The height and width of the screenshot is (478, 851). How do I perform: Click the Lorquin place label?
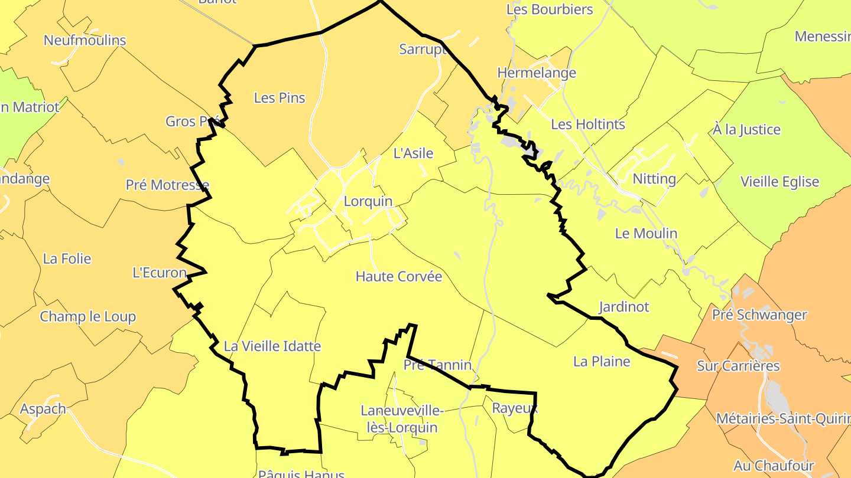[368, 201]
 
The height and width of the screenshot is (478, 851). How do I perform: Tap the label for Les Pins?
[280, 98]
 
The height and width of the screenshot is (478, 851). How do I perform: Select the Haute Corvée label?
[399, 276]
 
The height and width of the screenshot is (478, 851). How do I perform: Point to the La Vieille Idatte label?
[272, 346]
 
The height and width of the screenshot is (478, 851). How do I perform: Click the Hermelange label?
[537, 73]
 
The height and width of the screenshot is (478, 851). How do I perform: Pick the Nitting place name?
[654, 179]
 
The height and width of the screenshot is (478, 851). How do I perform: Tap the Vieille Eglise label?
[780, 182]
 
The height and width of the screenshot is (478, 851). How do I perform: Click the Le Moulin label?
[646, 233]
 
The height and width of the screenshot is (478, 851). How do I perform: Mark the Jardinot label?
[623, 307]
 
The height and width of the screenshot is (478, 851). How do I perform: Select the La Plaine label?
[602, 361]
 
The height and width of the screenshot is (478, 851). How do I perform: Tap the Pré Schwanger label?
[759, 315]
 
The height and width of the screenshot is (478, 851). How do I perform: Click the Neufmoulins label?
[85, 40]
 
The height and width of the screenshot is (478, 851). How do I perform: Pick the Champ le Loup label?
[88, 316]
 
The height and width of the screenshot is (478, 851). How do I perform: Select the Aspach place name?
[43, 408]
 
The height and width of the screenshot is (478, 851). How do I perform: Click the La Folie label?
[67, 258]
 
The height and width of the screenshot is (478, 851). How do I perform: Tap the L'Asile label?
[413, 153]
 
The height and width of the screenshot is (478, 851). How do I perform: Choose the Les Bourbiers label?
[550, 9]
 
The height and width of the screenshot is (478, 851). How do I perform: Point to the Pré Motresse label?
[167, 185]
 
